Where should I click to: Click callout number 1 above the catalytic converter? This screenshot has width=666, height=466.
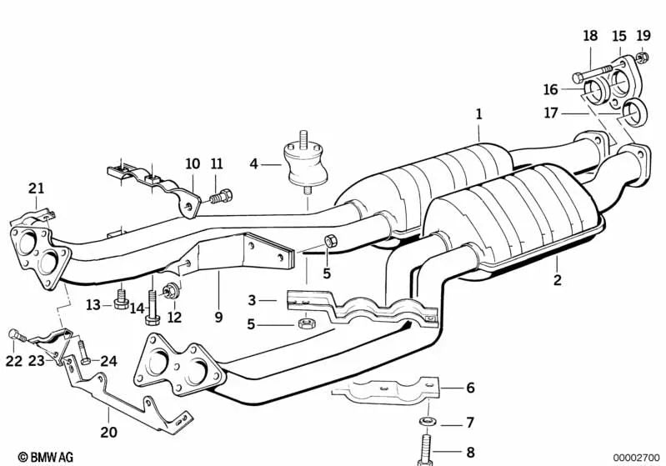tap(478, 113)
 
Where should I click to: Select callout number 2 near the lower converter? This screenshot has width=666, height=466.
tap(558, 280)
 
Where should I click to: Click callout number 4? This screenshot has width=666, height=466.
tap(254, 164)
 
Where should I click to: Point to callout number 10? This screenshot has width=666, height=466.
tap(193, 163)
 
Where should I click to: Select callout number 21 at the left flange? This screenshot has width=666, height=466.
tap(35, 189)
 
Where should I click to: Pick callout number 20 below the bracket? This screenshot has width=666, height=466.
tap(108, 433)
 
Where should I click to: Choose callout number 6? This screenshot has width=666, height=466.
tap(470, 388)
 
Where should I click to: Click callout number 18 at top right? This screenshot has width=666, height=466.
tap(590, 36)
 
